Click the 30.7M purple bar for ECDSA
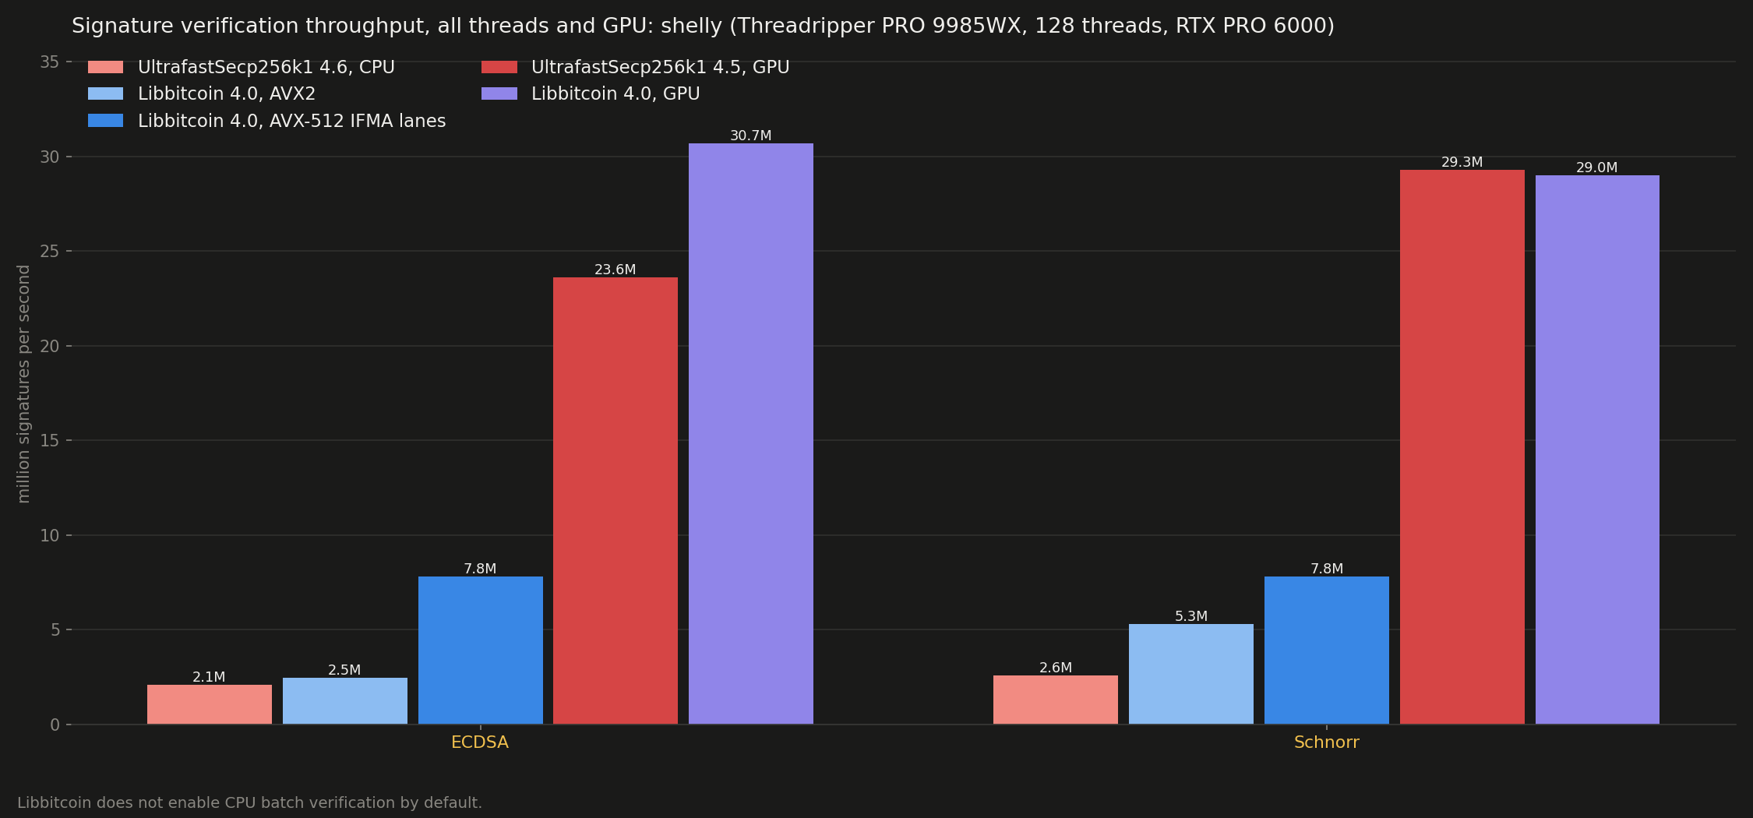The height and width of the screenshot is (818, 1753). [x=750, y=434]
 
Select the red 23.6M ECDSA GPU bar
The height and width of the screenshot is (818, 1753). [x=615, y=501]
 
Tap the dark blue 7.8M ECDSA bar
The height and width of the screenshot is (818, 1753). [x=480, y=651]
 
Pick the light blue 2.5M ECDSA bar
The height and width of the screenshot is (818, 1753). [x=344, y=701]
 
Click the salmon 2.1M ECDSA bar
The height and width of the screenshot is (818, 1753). [x=210, y=704]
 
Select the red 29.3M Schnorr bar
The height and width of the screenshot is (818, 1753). [x=1462, y=447]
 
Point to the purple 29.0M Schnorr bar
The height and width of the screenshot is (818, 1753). [x=1597, y=450]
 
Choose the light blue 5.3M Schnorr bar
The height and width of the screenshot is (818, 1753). [x=1191, y=674]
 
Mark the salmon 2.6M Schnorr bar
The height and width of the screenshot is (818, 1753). [x=1056, y=700]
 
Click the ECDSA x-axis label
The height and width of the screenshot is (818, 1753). [x=480, y=742]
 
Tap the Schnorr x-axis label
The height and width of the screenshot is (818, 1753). [x=1327, y=742]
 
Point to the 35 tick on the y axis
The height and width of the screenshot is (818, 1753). [x=50, y=62]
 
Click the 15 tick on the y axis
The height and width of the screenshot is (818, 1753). [x=50, y=441]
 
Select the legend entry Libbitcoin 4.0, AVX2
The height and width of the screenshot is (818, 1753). [x=202, y=94]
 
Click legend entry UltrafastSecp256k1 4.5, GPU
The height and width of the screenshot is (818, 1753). [x=636, y=68]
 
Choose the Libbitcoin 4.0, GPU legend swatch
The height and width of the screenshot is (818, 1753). [x=499, y=94]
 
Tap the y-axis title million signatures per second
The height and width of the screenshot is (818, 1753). [x=24, y=384]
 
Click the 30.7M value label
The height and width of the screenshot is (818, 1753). [x=750, y=136]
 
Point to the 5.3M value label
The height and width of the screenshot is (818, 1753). [x=1191, y=616]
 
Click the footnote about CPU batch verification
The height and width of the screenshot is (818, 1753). [x=250, y=802]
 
